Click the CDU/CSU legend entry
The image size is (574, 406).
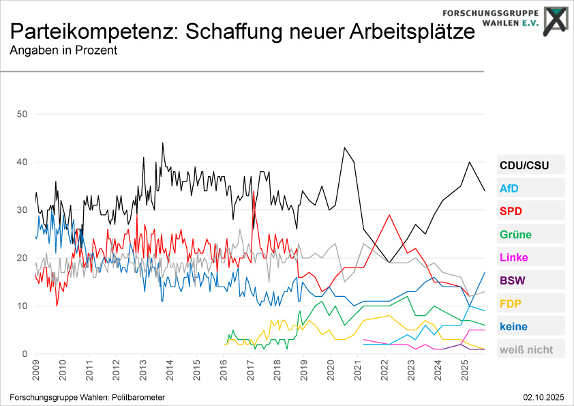[524, 165]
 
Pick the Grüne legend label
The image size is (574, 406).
[515, 235]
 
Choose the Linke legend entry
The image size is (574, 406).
[513, 258]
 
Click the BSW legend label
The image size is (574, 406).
[512, 280]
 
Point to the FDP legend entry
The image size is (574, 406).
[511, 304]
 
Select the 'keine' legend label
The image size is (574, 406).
[513, 327]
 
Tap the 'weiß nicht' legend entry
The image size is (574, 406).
[526, 350]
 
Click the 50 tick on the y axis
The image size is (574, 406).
[21, 114]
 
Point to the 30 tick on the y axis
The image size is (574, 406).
[21, 210]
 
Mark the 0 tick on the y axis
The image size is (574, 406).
[24, 354]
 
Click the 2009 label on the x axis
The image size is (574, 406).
[36, 371]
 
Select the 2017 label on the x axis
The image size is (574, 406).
[250, 371]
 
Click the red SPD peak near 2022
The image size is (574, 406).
[389, 215]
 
